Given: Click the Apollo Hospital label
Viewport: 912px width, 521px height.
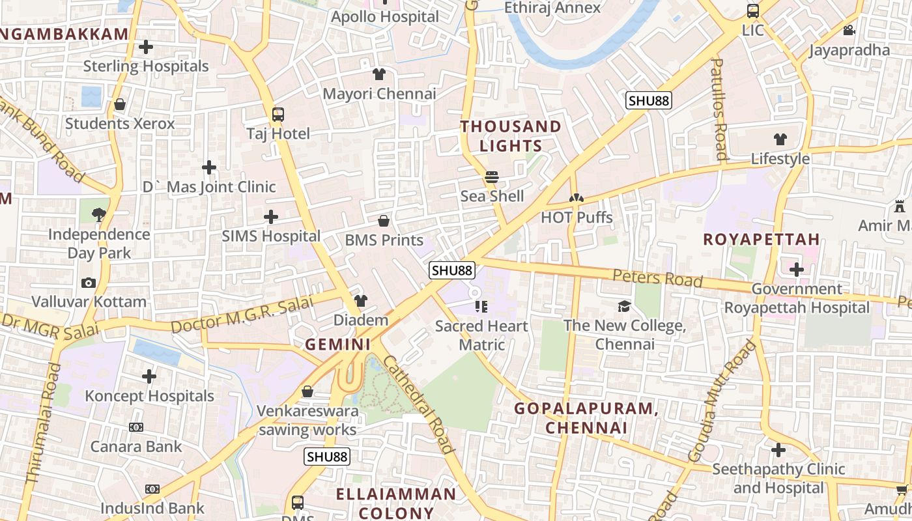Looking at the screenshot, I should coord(385,17).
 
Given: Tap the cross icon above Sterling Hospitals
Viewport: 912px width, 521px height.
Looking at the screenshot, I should coord(146,47).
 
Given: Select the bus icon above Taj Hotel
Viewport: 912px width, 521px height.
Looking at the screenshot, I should coord(278,115).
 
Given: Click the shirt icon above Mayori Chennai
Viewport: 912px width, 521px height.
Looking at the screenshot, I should coord(379,74).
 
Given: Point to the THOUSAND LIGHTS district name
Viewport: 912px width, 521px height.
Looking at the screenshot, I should coord(511,136).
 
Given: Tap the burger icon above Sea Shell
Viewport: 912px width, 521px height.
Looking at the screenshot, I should coord(492,177).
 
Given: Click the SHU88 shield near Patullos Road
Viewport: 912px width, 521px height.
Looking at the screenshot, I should coord(649,100).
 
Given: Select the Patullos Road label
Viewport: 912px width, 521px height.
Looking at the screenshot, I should coord(719,109).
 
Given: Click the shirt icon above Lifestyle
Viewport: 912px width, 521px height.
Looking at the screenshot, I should coord(780,139).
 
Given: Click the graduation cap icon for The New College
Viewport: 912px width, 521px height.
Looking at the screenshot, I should coord(624,306).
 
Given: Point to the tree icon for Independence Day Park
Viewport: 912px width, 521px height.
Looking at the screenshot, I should coord(99,214).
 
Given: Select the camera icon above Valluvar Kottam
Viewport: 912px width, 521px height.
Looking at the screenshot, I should coord(89,283).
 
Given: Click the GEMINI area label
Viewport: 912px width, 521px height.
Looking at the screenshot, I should coord(338,345).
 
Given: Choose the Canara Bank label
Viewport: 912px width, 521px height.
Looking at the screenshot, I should coord(136,447).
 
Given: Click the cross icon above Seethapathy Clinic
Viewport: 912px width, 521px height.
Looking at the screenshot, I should coord(778,450).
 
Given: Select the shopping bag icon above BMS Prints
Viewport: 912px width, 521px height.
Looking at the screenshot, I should coord(384,221).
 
